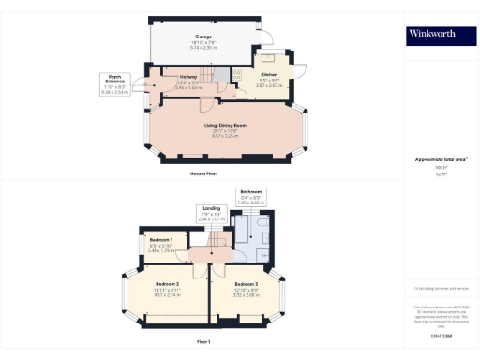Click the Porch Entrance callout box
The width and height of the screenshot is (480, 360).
(x=117, y=84)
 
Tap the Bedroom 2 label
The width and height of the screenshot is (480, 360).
(x=167, y=284)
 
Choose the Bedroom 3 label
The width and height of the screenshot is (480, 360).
(x=247, y=284)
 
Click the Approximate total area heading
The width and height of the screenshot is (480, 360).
(x=433, y=159)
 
